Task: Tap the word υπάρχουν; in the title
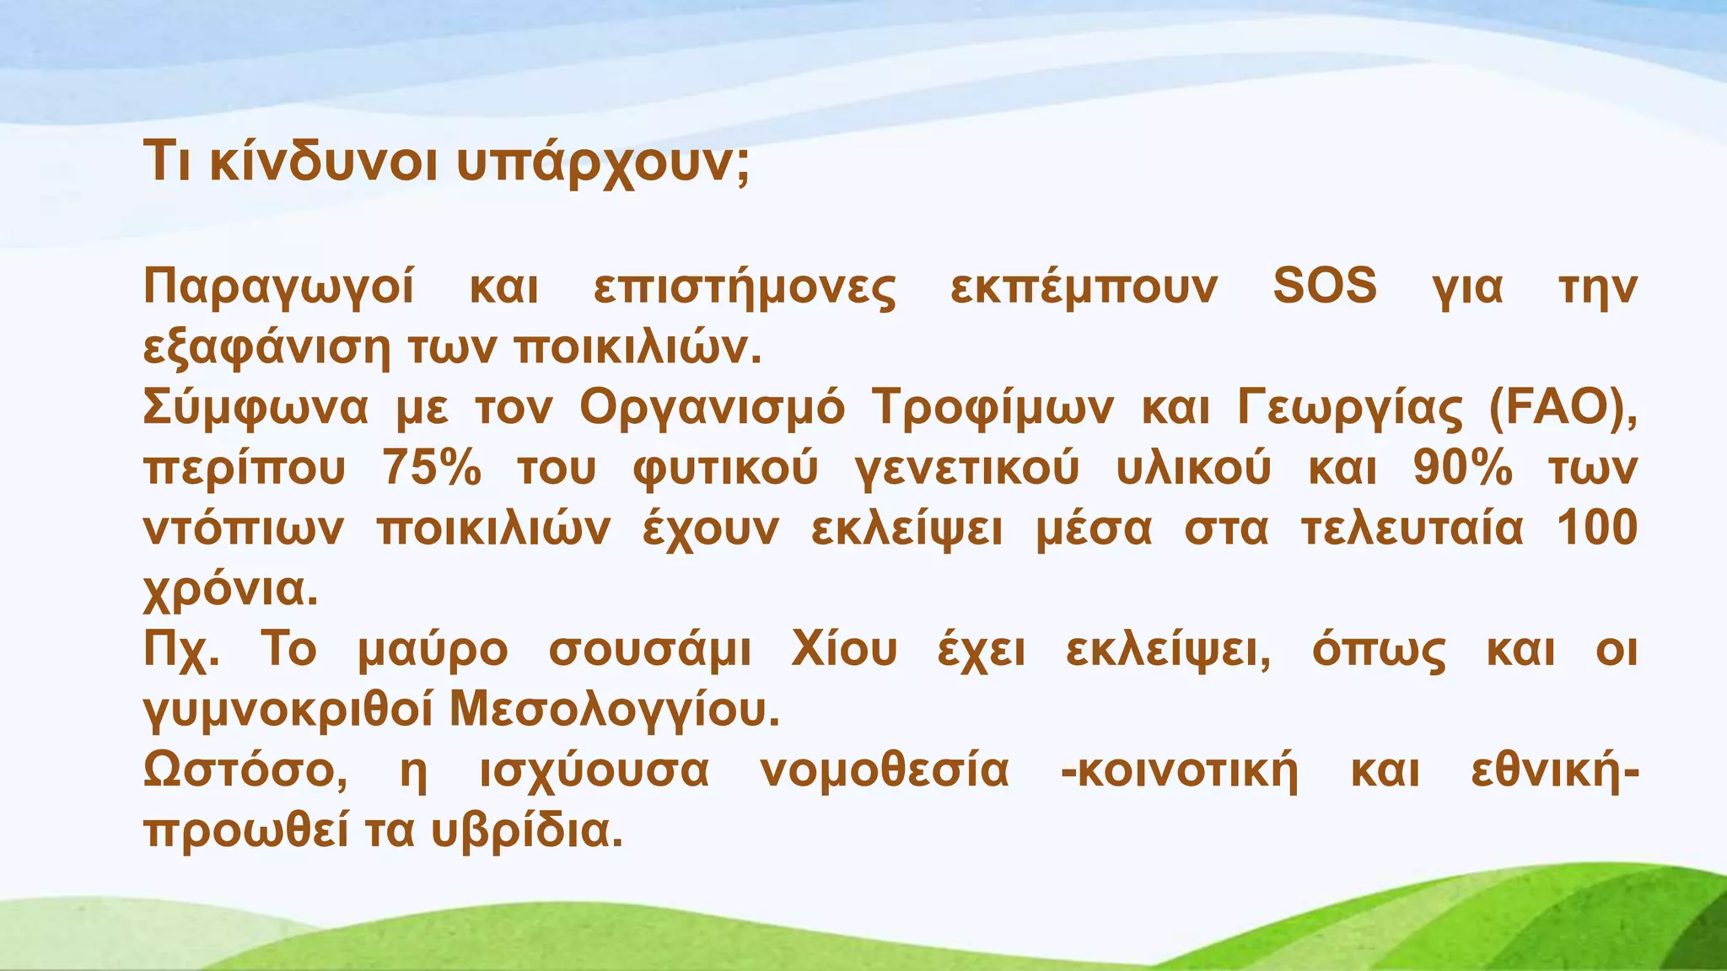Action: point(602,162)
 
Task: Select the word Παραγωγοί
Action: point(279,287)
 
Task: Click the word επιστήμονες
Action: point(745,287)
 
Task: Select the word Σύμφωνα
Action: point(256,408)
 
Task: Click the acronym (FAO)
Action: point(1563,408)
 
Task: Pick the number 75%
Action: point(431,468)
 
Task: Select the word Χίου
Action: point(844,650)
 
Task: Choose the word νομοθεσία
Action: point(885,771)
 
